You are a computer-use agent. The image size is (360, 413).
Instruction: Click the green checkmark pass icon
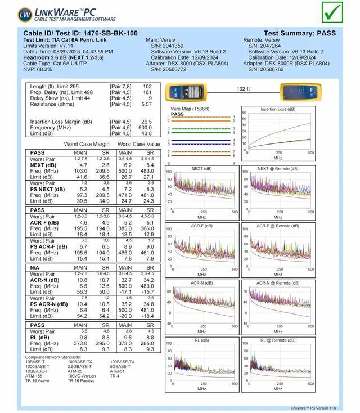coord(332,12)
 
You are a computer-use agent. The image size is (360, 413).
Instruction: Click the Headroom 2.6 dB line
coord(63,57)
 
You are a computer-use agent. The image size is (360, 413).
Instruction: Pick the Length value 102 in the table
coord(147,87)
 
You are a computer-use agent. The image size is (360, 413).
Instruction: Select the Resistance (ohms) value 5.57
coord(147,104)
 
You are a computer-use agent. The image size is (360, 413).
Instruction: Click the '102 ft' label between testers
coord(244,89)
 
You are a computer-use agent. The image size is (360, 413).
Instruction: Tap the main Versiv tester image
coord(187,92)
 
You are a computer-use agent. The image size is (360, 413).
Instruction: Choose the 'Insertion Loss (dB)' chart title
coord(278,109)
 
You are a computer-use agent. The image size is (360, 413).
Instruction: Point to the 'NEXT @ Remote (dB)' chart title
coord(277,169)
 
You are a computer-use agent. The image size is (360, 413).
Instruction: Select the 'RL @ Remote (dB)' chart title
coord(277,340)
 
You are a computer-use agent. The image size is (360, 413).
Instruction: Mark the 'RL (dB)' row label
coord(40,338)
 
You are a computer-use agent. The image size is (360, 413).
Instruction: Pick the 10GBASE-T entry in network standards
coord(38,371)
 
